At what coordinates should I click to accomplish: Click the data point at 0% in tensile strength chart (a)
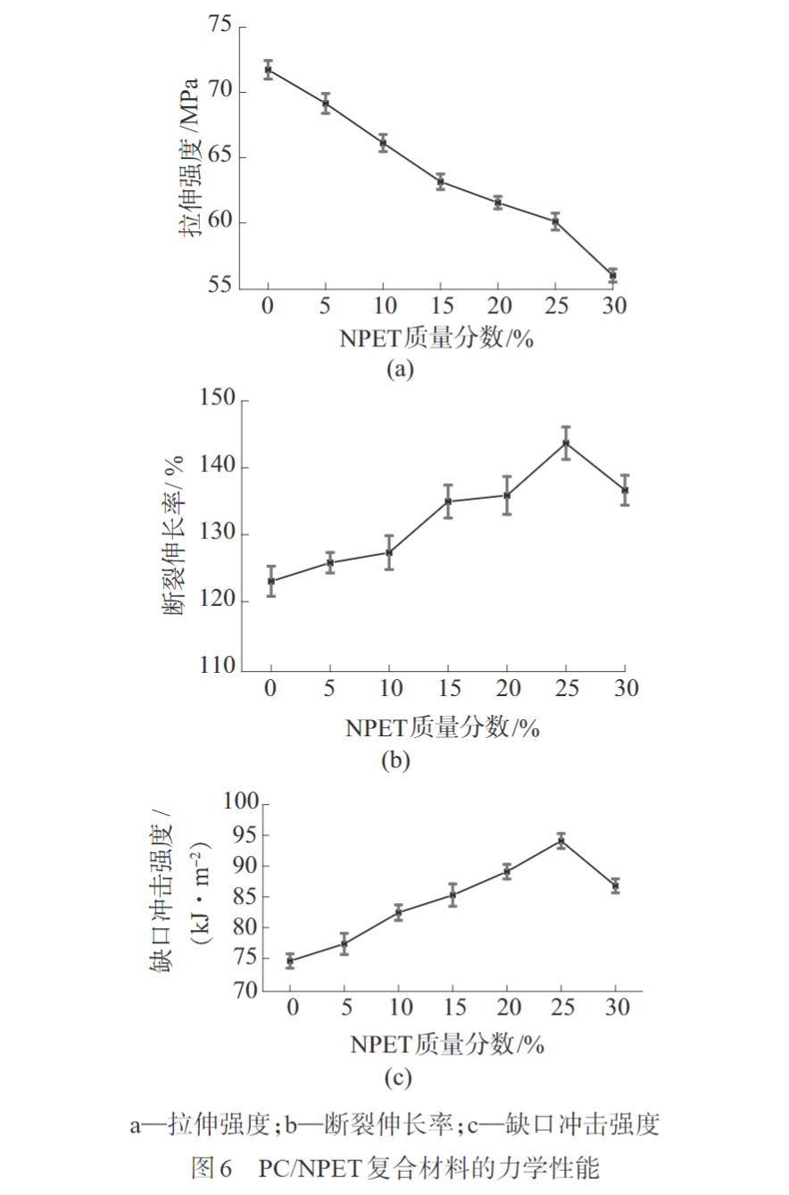(268, 70)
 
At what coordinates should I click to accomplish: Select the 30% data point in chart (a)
(612, 275)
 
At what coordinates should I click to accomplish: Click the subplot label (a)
(397, 369)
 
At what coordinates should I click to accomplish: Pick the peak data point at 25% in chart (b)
(566, 443)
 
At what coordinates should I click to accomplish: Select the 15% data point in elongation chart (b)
(448, 502)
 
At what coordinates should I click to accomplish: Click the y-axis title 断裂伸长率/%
(175, 535)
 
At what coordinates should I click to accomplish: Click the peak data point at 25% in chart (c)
(561, 841)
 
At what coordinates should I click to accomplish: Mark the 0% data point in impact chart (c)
(290, 961)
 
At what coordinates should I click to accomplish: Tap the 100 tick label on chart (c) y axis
(242, 804)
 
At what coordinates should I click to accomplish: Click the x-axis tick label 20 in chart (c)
(507, 1007)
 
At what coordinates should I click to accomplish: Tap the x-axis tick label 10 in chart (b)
(388, 691)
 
